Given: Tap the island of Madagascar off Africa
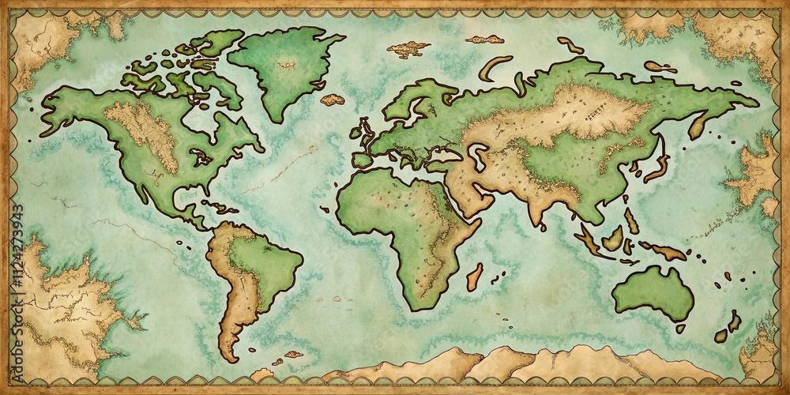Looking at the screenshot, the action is point(475,276).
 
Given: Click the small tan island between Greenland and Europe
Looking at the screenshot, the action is point(333,100).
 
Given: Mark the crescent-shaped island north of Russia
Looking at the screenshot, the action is point(494,66).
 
